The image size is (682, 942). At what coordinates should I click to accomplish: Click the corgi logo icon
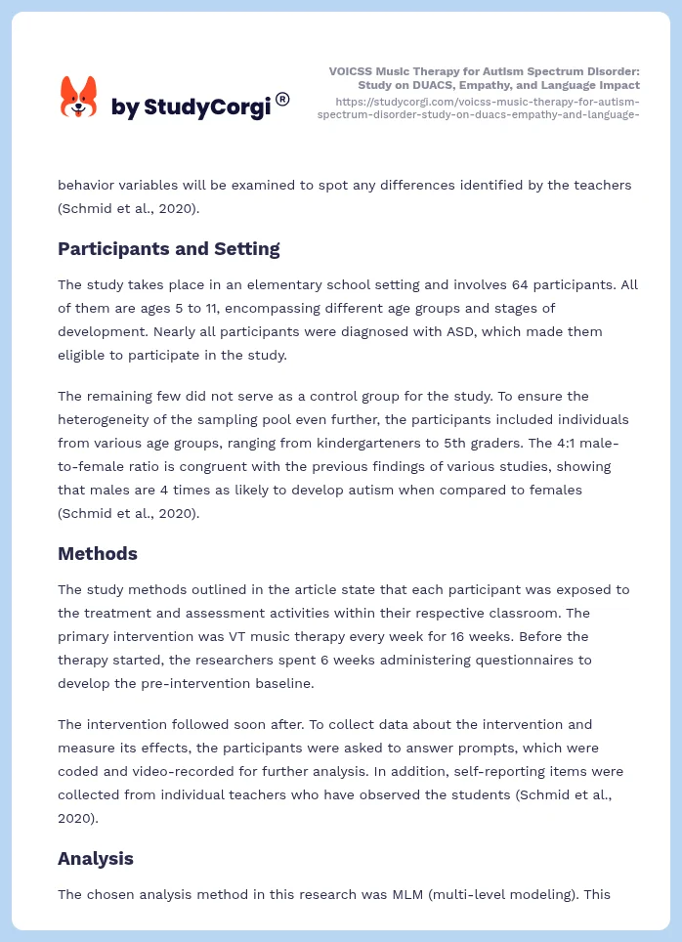coord(79,98)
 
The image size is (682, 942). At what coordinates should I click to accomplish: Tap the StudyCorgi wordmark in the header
coord(191,107)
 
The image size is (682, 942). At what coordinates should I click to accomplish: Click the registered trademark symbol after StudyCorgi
coord(282,99)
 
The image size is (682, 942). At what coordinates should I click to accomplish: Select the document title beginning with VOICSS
coord(485,78)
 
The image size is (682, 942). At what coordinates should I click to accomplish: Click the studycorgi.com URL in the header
coord(479,107)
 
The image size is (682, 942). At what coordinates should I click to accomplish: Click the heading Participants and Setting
coord(168,248)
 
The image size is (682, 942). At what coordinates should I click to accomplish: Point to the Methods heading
coord(98,553)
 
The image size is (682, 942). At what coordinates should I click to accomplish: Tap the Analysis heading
coord(96,858)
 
